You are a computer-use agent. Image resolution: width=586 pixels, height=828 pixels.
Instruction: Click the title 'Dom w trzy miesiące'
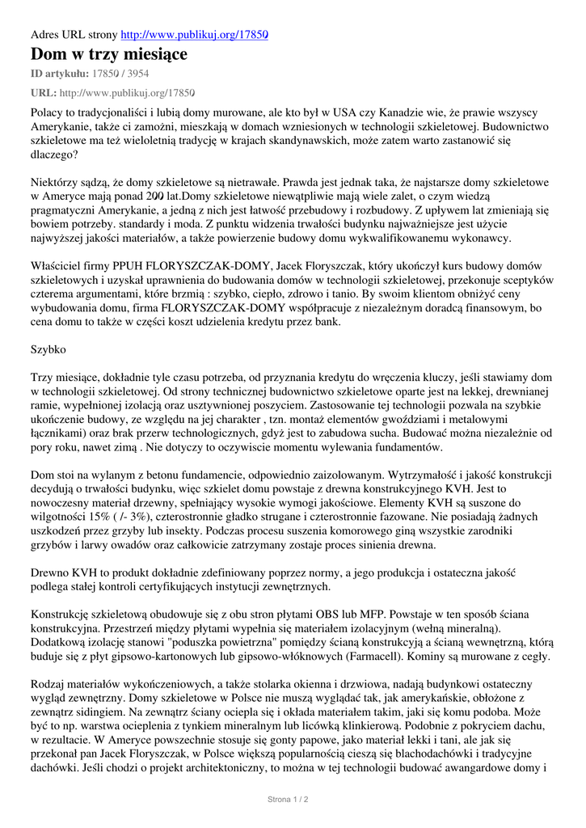click(x=109, y=54)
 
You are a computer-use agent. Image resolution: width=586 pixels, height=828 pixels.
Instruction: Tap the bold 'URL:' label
click(x=44, y=93)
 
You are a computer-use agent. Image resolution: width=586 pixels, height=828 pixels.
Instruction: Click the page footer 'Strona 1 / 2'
click(x=289, y=800)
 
